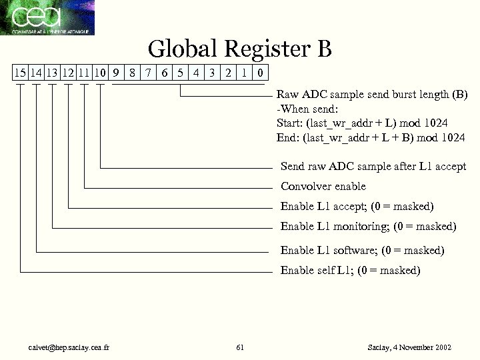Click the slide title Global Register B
coord(239,49)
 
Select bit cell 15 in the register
coord(20,72)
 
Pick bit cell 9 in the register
coord(115,72)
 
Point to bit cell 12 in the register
coord(67,72)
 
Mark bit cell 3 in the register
coord(212,72)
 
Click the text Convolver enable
coord(323,186)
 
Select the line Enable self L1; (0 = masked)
coord(350,270)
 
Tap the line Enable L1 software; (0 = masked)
coord(362,251)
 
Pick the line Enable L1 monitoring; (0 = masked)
coord(368,227)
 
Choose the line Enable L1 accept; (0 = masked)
coord(357,206)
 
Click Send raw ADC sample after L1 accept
coord(373,166)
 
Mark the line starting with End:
coord(370,138)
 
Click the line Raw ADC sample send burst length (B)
coord(372,95)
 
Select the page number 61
coord(240,347)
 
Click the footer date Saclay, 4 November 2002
coord(409,347)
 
